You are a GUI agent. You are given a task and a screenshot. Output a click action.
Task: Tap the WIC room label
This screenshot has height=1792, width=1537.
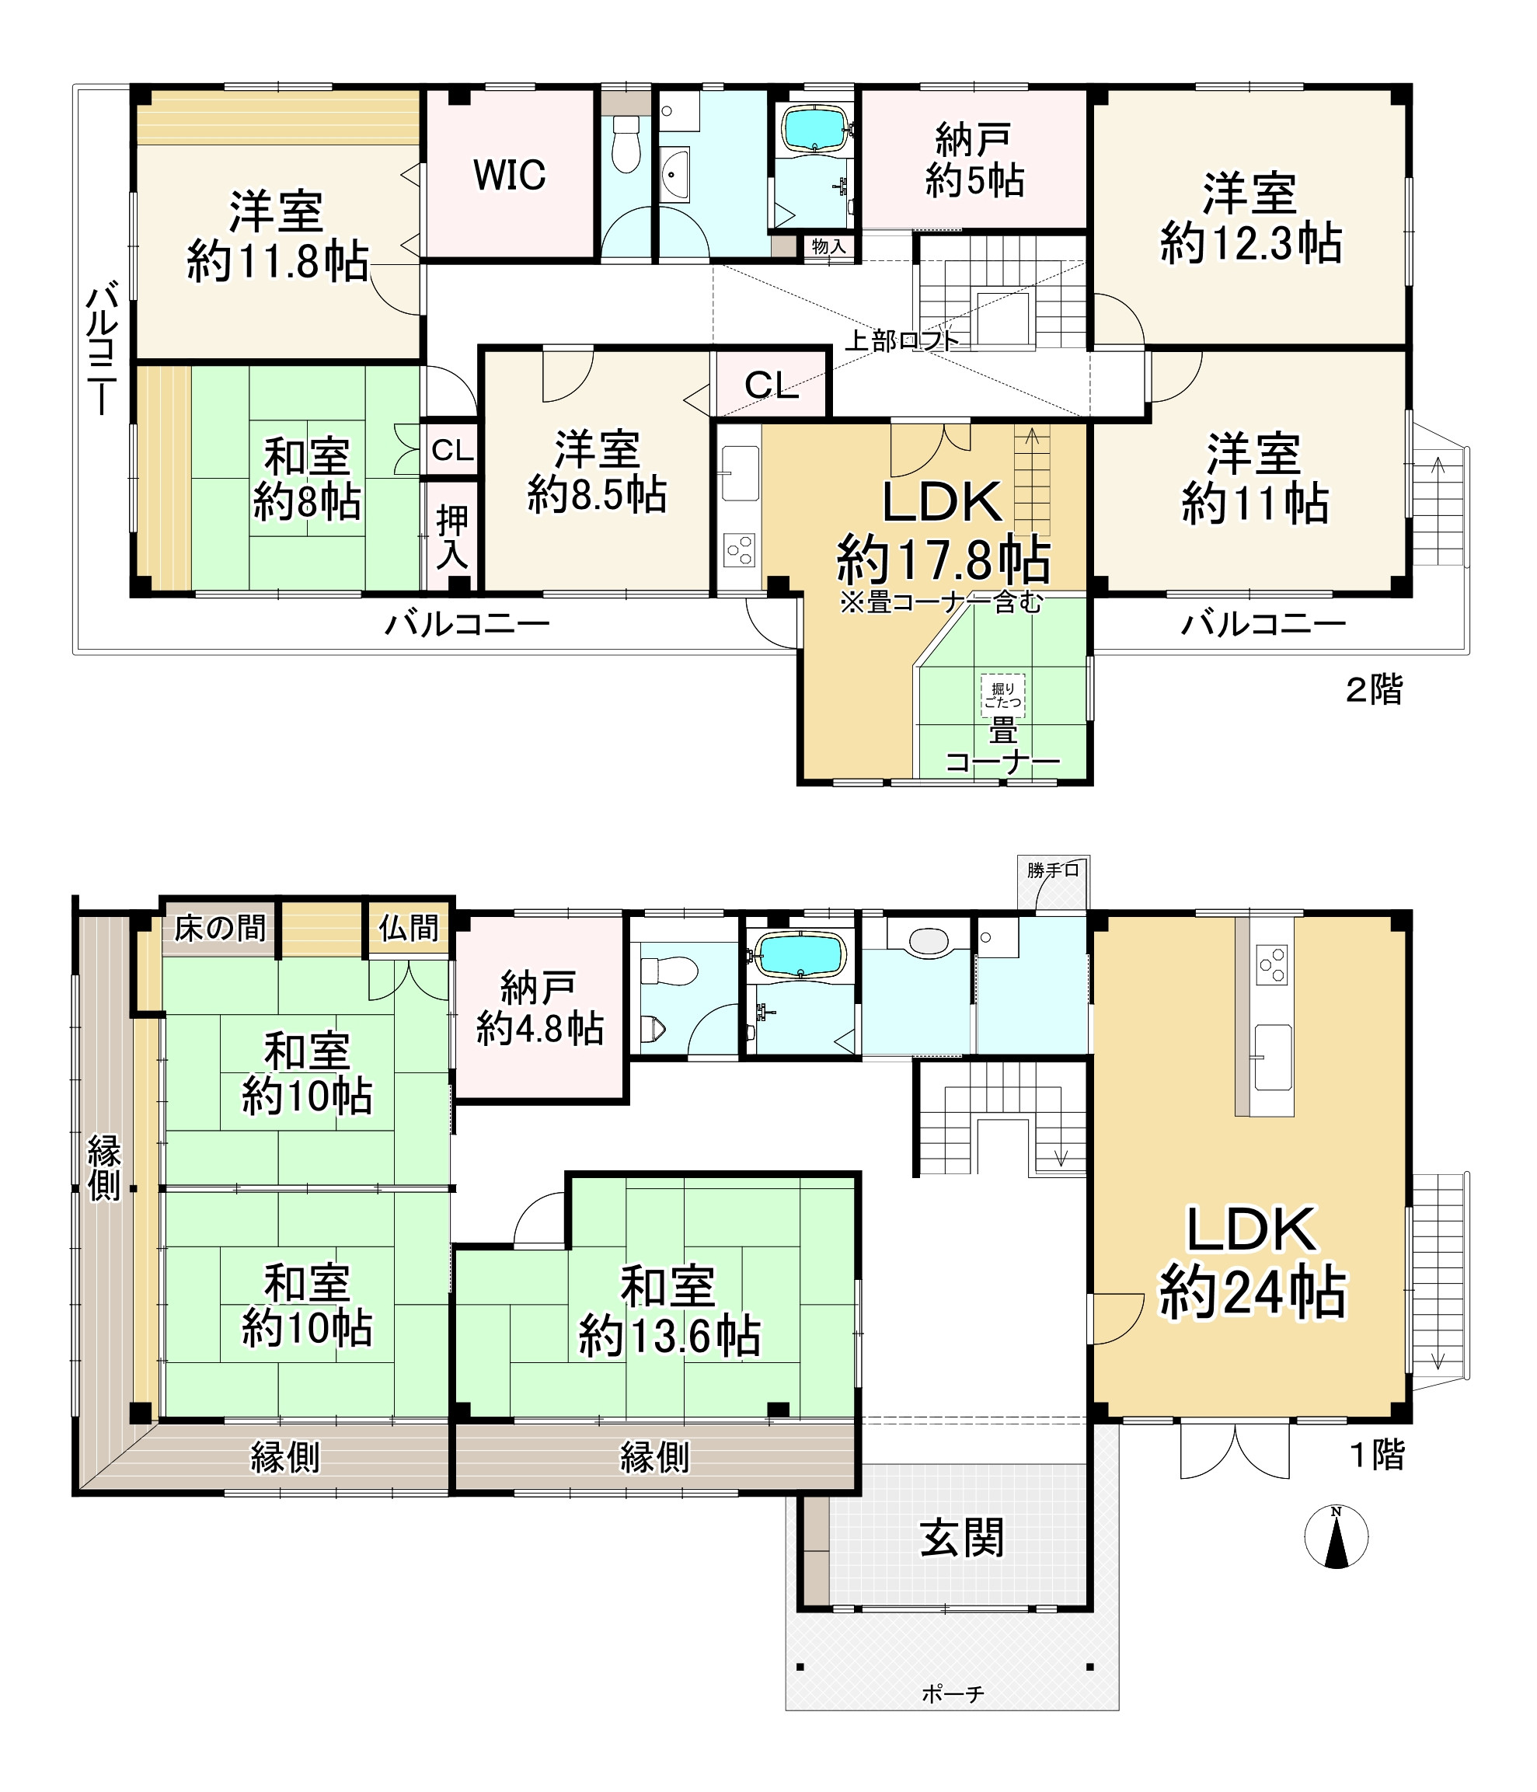tap(509, 176)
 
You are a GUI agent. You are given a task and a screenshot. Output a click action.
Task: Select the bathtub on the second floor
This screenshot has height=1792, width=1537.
tap(814, 128)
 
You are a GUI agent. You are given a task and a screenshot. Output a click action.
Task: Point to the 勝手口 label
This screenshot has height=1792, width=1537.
tap(1053, 870)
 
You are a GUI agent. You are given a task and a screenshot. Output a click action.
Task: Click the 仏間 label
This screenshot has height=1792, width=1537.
tap(408, 928)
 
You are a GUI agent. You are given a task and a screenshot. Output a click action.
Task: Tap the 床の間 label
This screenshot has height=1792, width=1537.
tap(220, 929)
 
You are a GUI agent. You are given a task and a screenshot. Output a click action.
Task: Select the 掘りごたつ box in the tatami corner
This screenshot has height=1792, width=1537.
tap(1002, 696)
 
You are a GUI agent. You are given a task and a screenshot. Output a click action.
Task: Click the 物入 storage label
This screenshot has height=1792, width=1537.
tap(828, 246)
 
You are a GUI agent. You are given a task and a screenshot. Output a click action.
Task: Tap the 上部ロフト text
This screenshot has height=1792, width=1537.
tap(901, 340)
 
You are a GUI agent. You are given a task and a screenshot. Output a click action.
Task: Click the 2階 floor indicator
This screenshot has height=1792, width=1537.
tap(1374, 690)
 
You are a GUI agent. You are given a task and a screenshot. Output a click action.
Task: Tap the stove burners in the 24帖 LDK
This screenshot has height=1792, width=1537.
tap(1271, 965)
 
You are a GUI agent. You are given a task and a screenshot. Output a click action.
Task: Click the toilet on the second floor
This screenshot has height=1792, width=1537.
tap(626, 144)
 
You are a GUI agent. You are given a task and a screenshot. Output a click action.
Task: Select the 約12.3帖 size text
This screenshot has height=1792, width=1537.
tap(1251, 243)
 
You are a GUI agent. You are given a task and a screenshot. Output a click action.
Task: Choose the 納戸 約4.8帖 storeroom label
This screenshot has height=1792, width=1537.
tap(540, 1008)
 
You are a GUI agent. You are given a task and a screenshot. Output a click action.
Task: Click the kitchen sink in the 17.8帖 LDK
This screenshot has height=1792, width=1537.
tap(740, 472)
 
